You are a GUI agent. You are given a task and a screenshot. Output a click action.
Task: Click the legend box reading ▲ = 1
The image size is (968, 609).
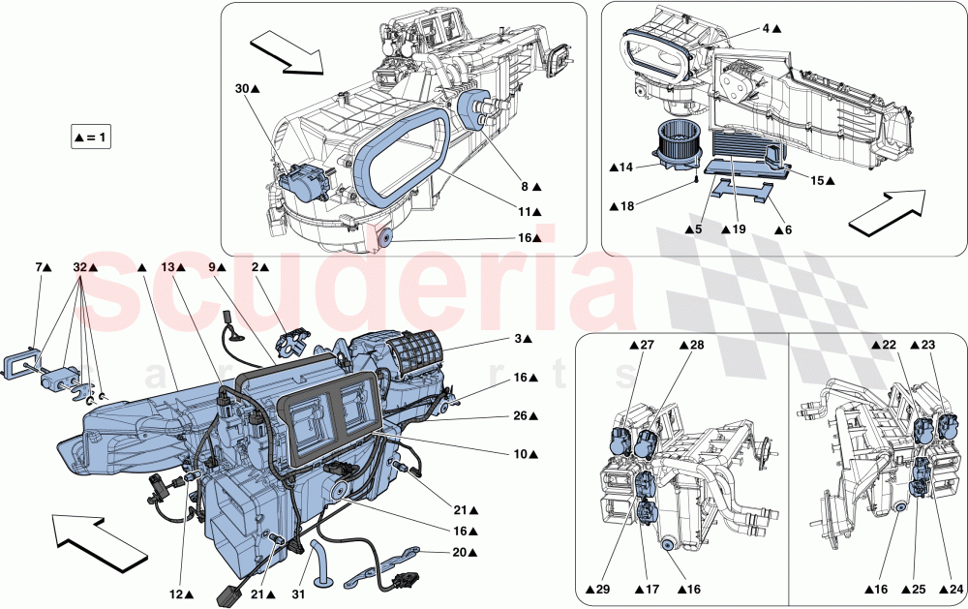[x=92, y=137]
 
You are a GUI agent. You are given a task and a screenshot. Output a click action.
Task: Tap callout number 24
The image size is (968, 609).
[x=950, y=589]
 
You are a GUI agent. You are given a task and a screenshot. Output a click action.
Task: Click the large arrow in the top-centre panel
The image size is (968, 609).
[x=281, y=50]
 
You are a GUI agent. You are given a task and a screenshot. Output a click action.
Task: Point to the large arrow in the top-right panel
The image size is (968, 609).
[x=886, y=213]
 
